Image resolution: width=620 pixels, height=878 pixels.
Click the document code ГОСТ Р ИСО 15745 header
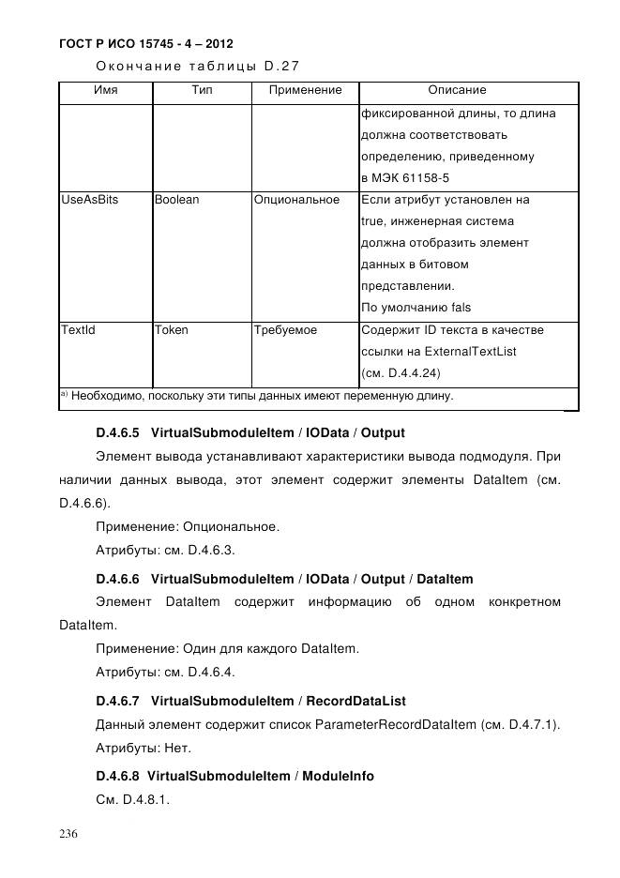145,43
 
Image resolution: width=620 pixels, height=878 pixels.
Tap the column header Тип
201,91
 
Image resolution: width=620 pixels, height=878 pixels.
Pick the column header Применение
305,91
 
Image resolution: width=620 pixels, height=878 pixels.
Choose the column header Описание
457,91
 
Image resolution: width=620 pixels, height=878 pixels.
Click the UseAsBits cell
90,200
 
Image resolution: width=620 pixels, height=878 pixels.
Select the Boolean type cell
176,200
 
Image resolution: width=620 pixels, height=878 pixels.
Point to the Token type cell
171,330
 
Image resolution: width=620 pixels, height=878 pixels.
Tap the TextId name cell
78,330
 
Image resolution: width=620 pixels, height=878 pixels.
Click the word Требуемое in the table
285,330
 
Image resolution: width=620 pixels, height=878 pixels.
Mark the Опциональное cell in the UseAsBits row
296,200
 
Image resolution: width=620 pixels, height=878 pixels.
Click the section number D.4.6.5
117,433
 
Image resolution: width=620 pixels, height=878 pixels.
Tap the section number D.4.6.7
117,701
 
